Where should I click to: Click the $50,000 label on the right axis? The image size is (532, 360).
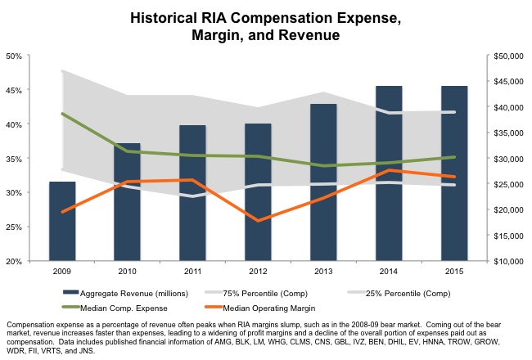coord(508,56)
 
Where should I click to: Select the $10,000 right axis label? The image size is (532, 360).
coord(508,261)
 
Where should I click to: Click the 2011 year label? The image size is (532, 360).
coord(192,271)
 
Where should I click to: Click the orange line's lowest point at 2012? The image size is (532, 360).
coord(258,221)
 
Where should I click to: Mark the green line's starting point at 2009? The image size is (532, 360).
coord(62,114)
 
